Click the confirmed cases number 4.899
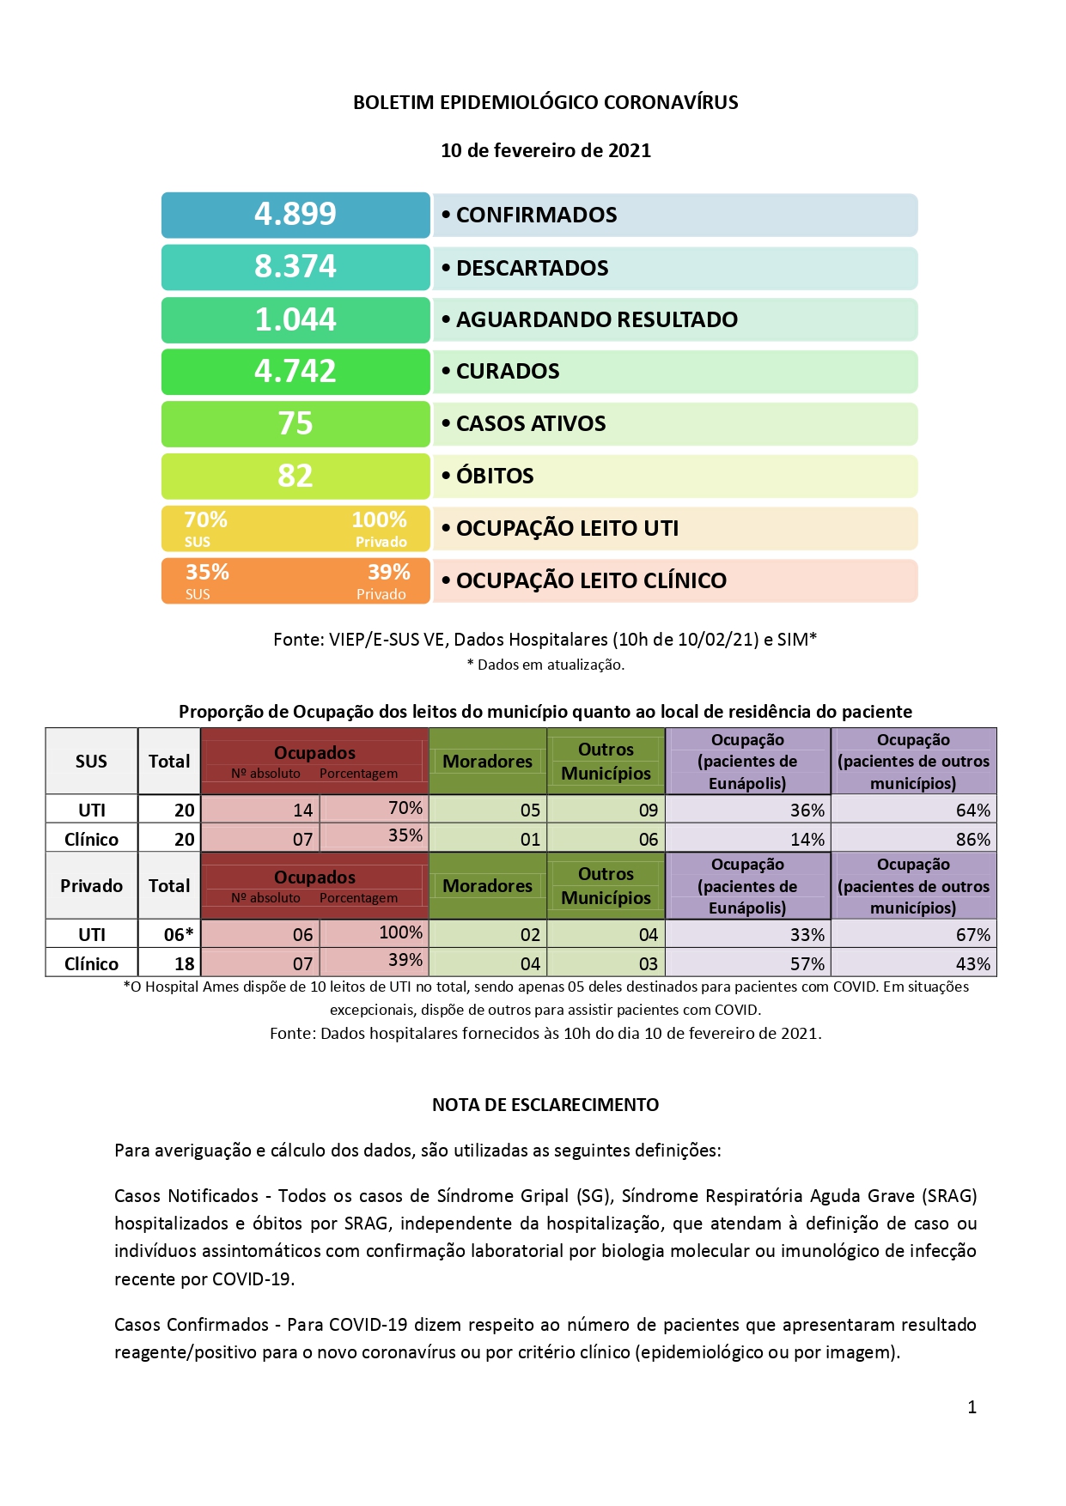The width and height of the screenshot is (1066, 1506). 295,214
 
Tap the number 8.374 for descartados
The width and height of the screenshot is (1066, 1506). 295,267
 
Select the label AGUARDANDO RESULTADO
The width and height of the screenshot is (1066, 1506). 596,319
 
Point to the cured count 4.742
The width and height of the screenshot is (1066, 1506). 295,371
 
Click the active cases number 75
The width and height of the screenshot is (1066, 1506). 295,423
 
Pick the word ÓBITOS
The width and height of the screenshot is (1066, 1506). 495,476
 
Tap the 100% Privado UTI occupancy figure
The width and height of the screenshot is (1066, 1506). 379,520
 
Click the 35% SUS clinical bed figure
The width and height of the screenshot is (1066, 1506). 207,573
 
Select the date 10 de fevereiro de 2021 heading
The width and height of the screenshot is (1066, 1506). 545,150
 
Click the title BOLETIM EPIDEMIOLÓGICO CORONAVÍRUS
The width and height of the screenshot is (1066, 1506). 545,102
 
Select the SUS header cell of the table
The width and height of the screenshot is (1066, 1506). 91,761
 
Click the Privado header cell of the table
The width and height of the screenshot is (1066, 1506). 91,885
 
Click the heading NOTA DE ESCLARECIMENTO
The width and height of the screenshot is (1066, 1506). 545,1105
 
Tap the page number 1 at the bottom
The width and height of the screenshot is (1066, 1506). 972,1406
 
